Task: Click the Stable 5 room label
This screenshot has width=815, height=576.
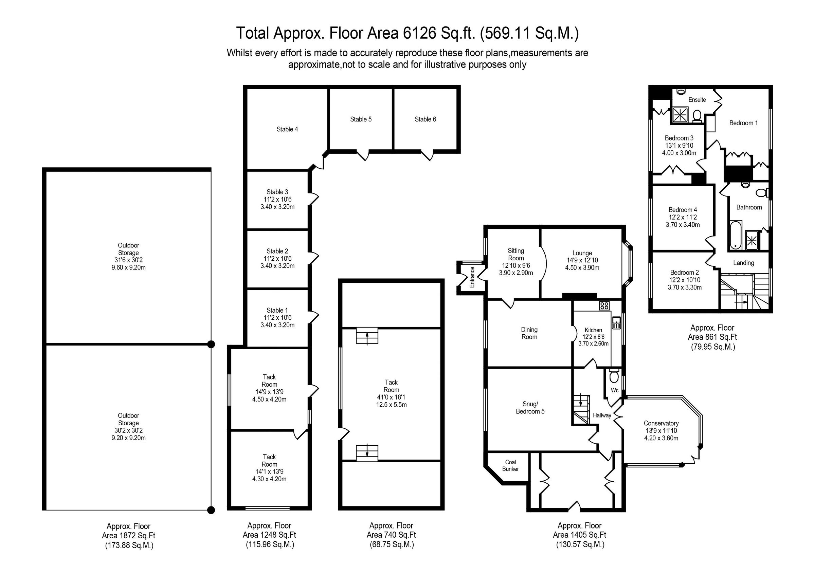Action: [x=361, y=119]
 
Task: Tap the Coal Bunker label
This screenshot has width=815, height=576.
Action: [x=510, y=465]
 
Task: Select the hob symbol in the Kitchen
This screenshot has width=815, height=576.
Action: [x=604, y=305]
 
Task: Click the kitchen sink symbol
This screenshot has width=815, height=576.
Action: [x=616, y=322]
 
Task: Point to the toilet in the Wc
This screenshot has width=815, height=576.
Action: [x=614, y=376]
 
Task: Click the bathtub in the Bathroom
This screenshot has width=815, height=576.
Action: [x=735, y=235]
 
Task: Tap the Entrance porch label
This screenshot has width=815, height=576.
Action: [x=472, y=277]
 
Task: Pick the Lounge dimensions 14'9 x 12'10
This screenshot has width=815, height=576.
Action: [x=582, y=260]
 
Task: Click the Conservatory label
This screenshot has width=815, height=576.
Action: [x=661, y=423]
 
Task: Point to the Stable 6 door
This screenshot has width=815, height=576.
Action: [x=428, y=155]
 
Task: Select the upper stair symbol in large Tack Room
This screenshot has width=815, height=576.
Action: [x=367, y=336]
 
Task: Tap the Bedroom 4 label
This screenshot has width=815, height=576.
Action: [x=683, y=210]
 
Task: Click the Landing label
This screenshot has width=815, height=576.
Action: [x=743, y=263]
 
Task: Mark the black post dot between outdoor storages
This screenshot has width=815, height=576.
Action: [x=211, y=344]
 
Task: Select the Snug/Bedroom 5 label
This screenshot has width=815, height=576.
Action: [x=530, y=407]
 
